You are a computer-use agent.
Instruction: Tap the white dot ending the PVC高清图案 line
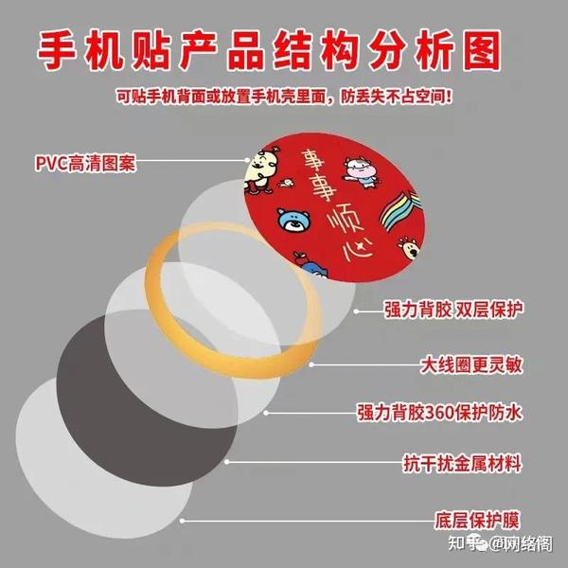coord(252,163)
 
